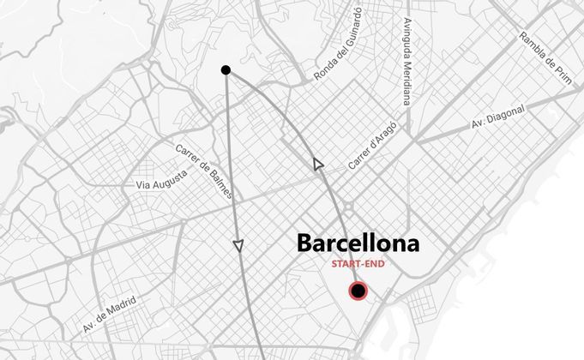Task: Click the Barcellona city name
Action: [358, 243]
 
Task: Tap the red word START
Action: [346, 264]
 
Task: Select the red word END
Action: [371, 264]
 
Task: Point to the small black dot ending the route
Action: [226, 69]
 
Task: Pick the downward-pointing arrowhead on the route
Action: [238, 246]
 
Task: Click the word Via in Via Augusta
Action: [143, 184]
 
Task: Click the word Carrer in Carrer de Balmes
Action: [188, 153]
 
